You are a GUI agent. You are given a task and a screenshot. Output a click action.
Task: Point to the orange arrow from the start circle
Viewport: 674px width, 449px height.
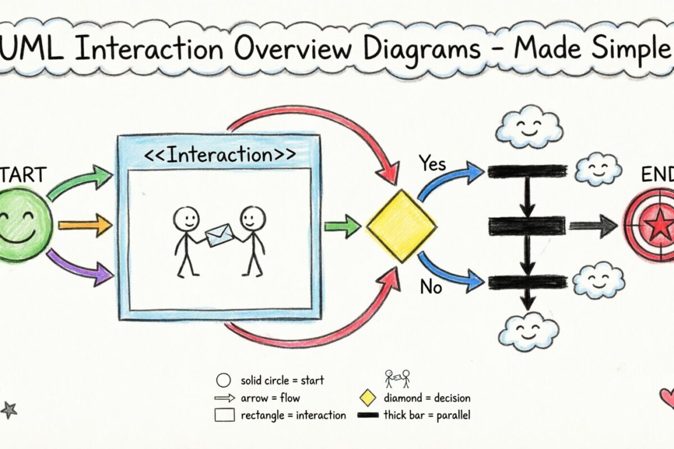(85, 225)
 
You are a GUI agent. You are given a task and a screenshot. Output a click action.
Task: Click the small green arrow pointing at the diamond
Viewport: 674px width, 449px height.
(343, 227)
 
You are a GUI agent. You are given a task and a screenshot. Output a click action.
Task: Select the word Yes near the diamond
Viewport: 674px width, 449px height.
(432, 164)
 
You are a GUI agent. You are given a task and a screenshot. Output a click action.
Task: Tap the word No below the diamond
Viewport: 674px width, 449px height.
(432, 288)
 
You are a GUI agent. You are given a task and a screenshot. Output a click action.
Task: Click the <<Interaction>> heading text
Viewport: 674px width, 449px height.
(219, 155)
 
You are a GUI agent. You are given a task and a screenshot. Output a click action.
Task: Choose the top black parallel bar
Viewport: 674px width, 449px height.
(527, 171)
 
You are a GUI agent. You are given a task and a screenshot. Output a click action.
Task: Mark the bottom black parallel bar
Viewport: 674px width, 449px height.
(527, 282)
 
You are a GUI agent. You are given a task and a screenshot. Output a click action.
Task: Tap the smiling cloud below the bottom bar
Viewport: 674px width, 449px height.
(529, 331)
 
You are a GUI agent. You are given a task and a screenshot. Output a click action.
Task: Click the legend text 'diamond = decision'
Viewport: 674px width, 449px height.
(427, 398)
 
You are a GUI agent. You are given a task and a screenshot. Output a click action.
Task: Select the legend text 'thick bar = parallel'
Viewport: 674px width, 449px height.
(427, 416)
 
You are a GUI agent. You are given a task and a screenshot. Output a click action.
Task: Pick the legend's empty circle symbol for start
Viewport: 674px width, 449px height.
(224, 381)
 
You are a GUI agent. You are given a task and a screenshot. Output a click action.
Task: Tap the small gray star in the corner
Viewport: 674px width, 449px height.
(8, 410)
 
